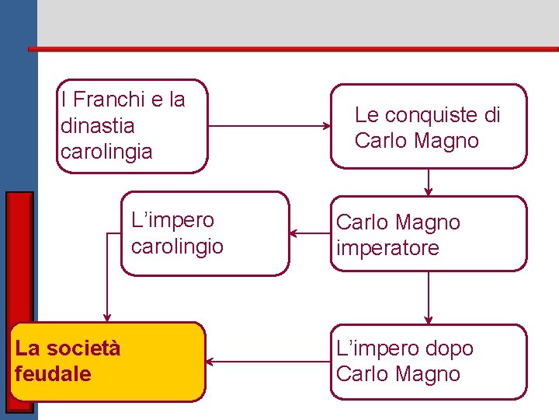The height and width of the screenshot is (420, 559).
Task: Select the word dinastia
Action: click(97, 125)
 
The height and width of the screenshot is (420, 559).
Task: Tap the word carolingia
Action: click(106, 151)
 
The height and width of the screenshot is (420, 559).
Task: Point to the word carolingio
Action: click(177, 247)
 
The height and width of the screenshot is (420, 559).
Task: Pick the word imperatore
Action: click(387, 248)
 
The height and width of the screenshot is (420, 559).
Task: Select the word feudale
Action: click(53, 373)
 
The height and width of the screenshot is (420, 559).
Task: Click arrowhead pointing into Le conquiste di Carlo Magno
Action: click(326, 126)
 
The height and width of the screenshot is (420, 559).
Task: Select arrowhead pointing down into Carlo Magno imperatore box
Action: click(429, 191)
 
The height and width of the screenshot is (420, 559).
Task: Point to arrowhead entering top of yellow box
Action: click(107, 317)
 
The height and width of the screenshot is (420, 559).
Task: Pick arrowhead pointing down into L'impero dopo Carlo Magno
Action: click(429, 319)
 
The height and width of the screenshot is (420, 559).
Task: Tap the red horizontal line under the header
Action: click(295, 49)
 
